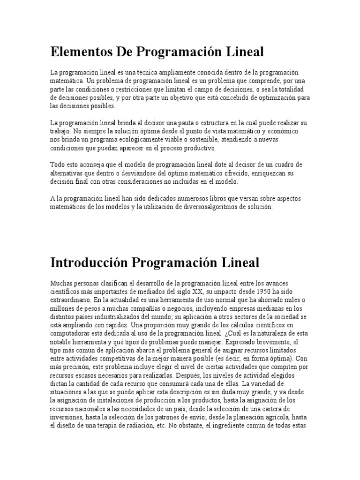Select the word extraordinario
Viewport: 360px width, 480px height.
tap(70, 300)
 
